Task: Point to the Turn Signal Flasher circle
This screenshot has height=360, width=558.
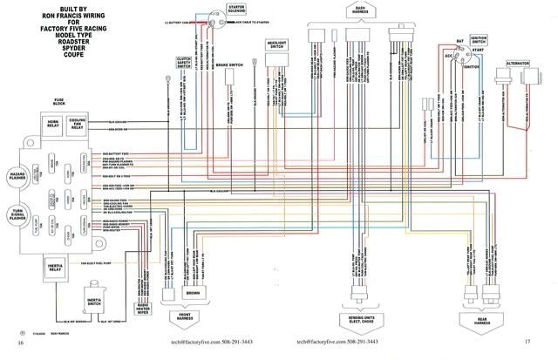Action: point(18,213)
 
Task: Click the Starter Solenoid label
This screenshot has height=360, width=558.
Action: point(236,9)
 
